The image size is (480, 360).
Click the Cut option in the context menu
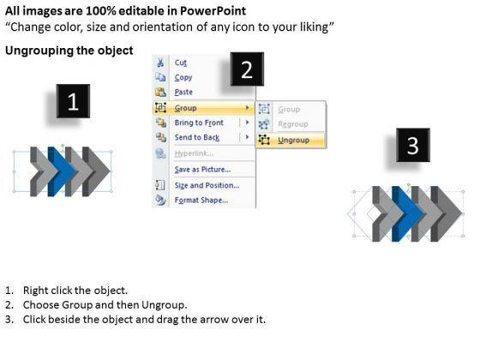click(180, 63)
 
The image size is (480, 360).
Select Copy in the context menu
click(183, 77)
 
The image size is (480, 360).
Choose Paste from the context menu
click(183, 92)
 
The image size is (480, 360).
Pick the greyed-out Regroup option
click(292, 124)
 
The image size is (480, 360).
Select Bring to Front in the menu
click(199, 123)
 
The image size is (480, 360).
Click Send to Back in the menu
click(197, 137)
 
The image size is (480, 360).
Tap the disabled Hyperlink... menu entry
click(194, 153)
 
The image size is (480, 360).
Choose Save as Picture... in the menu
click(202, 170)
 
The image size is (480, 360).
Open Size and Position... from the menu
click(207, 185)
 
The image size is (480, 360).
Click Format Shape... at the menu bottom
click(201, 201)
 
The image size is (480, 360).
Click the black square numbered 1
click(73, 101)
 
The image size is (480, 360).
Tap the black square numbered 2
click(247, 69)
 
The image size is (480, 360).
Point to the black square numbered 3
click(413, 145)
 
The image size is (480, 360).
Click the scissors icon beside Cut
click(160, 63)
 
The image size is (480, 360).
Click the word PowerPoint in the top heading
click(213, 11)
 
